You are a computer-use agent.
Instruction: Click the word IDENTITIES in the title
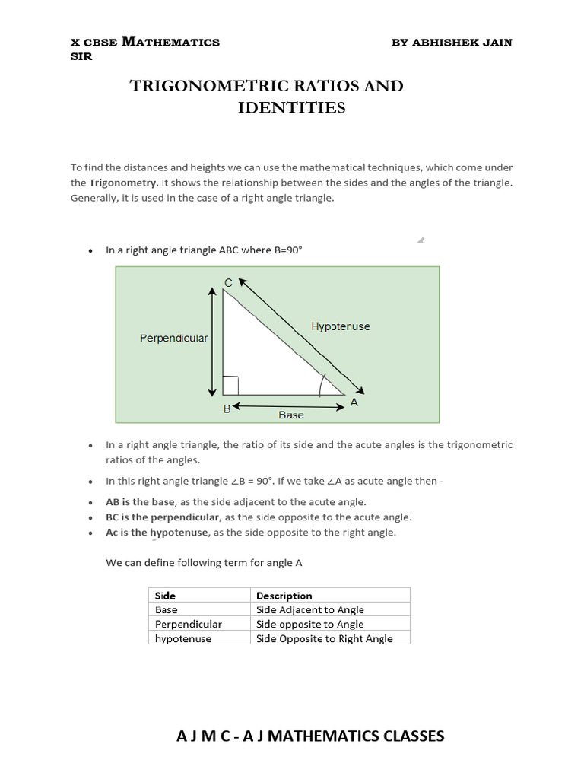click(291, 108)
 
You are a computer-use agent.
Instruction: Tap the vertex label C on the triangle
click(228, 283)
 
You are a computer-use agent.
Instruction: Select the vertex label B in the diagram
click(227, 409)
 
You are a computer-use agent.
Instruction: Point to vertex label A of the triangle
click(354, 403)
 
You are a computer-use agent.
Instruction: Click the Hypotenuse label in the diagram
click(341, 326)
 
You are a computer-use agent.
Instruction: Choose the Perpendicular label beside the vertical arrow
click(173, 338)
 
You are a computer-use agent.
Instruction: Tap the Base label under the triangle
click(290, 415)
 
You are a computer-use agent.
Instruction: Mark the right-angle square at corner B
click(230, 386)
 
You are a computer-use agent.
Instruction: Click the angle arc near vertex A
click(322, 385)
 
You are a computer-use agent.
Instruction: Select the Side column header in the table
click(165, 596)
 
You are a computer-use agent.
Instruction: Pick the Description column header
click(284, 596)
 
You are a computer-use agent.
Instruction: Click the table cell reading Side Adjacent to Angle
click(310, 609)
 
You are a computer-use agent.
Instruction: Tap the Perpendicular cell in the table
click(189, 624)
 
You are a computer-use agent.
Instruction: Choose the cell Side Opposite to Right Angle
click(325, 638)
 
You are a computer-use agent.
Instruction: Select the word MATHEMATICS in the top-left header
click(171, 43)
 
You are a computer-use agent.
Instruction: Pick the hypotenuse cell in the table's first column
click(183, 638)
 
